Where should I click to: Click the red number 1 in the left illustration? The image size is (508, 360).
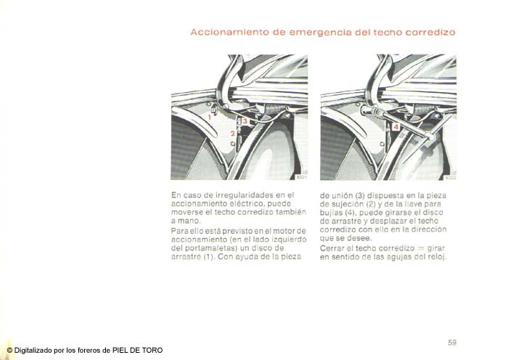click(209, 116)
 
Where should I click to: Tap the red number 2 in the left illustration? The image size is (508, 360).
click(232, 134)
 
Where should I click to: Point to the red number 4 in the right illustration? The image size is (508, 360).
click(396, 126)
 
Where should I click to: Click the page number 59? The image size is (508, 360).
click(451, 342)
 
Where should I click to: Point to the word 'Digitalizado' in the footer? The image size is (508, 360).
click(38, 350)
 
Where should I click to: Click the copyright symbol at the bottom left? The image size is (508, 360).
click(9, 350)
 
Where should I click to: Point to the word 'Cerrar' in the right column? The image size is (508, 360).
click(333, 248)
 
